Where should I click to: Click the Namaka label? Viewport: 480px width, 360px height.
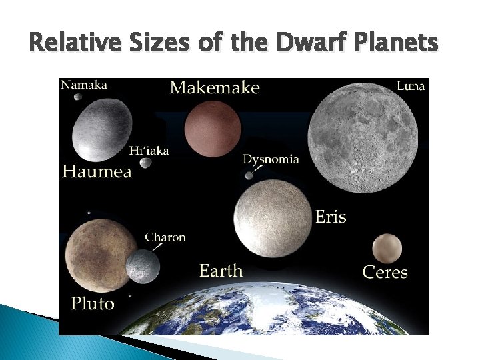click(x=84, y=85)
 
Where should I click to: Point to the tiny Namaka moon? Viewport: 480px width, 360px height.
click(x=78, y=97)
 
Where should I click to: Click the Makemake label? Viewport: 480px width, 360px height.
click(x=214, y=87)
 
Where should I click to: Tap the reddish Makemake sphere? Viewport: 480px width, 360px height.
click(x=212, y=129)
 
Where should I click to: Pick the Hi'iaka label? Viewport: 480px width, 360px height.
click(x=149, y=150)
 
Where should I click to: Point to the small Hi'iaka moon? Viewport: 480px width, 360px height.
click(x=142, y=163)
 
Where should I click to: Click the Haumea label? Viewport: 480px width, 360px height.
click(x=97, y=171)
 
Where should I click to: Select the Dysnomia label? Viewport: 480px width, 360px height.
click(x=270, y=159)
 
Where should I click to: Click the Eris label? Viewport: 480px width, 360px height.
click(x=330, y=217)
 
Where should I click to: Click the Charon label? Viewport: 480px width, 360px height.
click(x=165, y=237)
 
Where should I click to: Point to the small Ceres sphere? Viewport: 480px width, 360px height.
click(x=387, y=248)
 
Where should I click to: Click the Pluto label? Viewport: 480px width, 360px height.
click(x=93, y=304)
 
